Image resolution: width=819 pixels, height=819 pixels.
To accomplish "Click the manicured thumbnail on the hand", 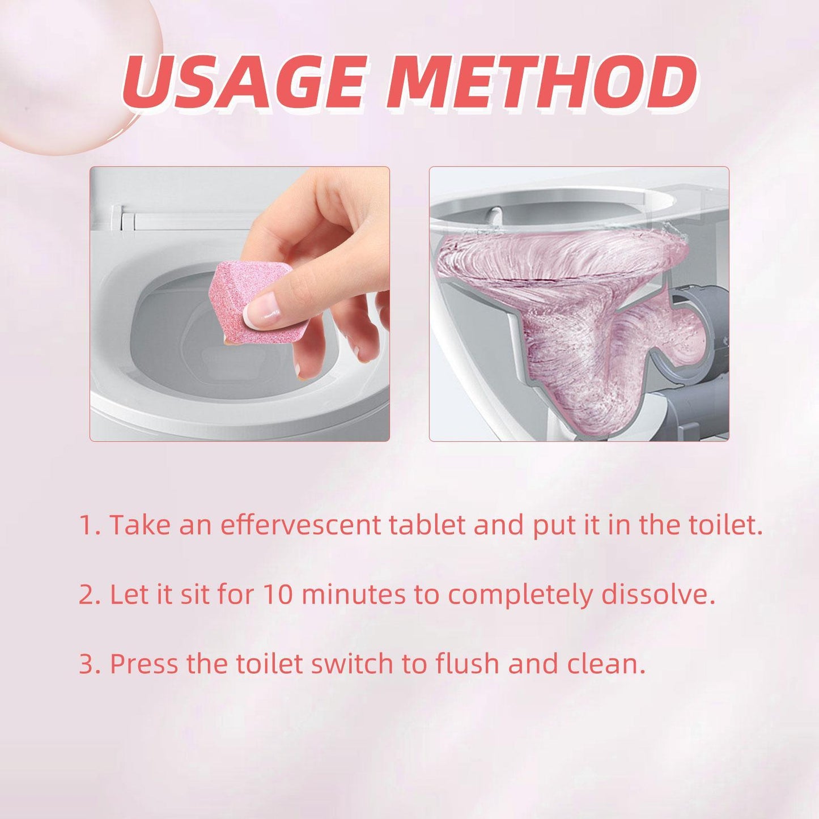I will tap(262, 311).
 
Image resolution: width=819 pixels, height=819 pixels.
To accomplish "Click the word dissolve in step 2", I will tap(657, 595).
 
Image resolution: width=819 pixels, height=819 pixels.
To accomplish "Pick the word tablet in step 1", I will tap(427, 525).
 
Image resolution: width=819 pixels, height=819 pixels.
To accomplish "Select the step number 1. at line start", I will tap(89, 525).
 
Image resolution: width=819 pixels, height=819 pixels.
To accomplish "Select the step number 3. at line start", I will tap(89, 664).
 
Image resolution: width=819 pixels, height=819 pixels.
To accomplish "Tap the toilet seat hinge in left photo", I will tap(127, 218).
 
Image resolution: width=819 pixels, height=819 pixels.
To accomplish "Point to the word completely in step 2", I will tap(520, 595).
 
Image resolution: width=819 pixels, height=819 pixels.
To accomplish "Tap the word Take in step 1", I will tap(139, 525).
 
